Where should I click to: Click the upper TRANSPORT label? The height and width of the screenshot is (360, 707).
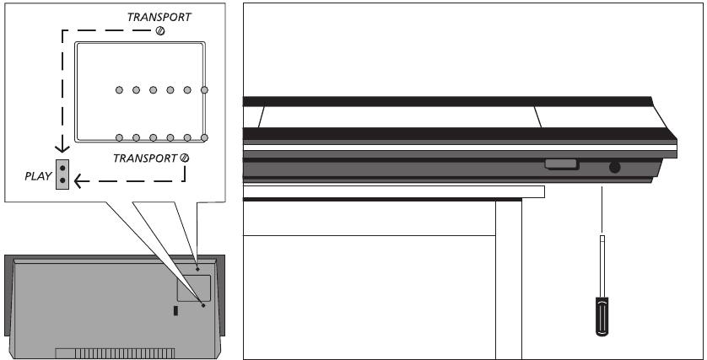point(159,17)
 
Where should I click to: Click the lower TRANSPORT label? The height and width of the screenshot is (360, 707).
point(145,159)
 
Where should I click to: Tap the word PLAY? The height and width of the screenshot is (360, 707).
point(38,176)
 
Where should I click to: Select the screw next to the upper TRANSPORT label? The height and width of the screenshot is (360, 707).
point(160,31)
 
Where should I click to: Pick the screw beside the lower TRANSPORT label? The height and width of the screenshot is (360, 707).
point(184,158)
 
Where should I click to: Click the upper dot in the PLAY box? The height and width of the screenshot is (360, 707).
point(62,168)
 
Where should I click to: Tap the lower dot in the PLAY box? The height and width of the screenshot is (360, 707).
point(62,180)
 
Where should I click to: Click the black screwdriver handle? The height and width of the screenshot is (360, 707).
point(602,316)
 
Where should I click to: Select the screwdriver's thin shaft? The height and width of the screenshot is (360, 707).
point(602,266)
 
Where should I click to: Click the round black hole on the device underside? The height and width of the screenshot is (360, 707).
point(614,168)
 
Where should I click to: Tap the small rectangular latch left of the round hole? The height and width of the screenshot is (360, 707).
point(561,164)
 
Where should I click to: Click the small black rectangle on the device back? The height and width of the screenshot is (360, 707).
point(175,310)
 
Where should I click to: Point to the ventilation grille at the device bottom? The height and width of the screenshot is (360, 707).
point(115,353)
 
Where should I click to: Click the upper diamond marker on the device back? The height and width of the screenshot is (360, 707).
point(197,269)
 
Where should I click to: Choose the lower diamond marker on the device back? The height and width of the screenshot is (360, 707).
point(203,305)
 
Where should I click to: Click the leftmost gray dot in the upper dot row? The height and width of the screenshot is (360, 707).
point(119,90)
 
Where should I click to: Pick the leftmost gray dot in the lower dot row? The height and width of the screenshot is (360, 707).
point(119,137)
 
